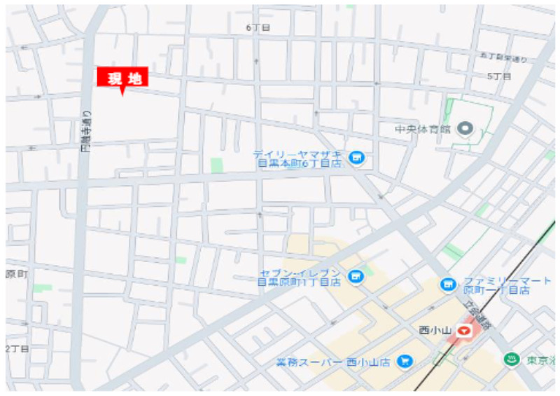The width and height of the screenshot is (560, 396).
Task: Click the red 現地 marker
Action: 122,78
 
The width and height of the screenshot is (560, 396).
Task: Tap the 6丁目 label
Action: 258,27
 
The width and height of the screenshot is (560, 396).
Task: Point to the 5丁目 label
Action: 498,76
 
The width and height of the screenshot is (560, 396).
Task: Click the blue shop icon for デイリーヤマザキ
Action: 357,158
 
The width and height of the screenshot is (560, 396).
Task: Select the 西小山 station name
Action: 434,329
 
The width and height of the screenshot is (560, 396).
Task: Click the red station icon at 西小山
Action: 464,329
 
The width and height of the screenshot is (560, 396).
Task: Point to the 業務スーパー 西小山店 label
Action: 335,362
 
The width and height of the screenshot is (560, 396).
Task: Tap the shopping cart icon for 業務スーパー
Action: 404,361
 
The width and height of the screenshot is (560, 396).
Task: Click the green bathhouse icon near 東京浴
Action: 512,360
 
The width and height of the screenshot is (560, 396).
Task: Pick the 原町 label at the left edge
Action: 15,274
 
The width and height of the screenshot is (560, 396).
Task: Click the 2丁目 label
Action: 17,348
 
